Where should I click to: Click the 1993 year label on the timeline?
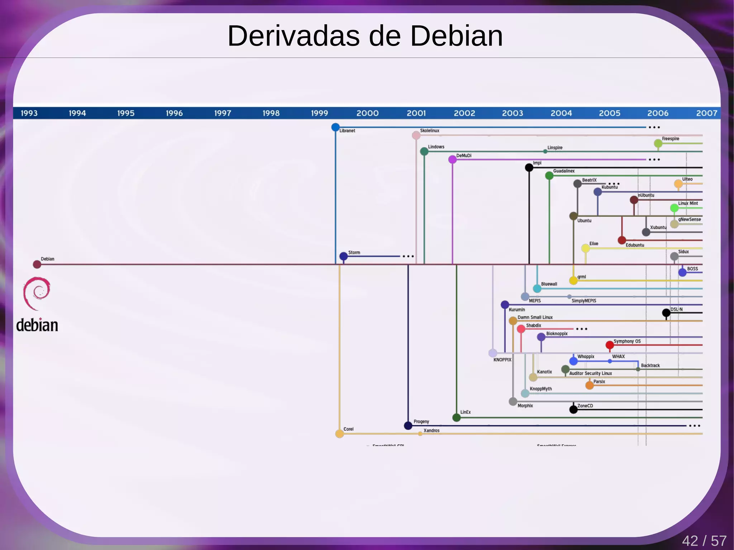tap(29, 113)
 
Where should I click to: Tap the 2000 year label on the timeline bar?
tap(367, 113)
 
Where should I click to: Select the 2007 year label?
tap(706, 113)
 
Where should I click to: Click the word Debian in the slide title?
tap(456, 36)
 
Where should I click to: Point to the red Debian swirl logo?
tap(37, 293)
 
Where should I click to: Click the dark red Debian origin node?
tap(37, 264)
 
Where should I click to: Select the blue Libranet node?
tap(335, 127)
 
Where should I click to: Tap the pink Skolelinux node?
tap(416, 135)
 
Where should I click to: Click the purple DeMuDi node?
tap(453, 159)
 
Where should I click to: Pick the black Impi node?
tap(529, 167)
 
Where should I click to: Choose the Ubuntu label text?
tap(584, 221)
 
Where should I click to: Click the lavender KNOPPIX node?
tap(493, 353)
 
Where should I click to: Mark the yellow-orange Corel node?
tap(339, 434)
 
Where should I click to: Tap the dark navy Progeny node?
tap(408, 426)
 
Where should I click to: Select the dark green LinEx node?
tap(457, 417)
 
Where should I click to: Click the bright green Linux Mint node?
tap(674, 208)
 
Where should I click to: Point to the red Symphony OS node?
tap(610, 345)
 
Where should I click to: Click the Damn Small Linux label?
tap(535, 317)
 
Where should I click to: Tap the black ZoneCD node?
tap(573, 409)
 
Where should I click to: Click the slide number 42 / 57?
tap(704, 541)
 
